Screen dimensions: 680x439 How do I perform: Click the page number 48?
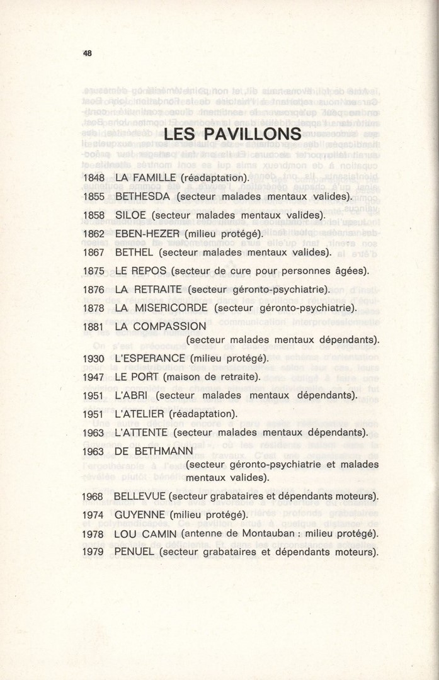point(87,54)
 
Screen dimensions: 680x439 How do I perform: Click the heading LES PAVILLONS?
point(232,135)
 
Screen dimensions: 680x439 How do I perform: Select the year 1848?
point(93,178)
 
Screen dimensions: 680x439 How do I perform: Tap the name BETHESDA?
point(143,196)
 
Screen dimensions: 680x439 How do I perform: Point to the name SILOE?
point(130,215)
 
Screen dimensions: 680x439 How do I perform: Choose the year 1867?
point(93,252)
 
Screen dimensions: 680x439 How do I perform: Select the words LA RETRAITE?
point(149,290)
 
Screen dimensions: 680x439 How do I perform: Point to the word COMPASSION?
point(169,327)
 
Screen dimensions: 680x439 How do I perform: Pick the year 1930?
point(93,358)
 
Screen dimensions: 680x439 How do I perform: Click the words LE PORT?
point(137,377)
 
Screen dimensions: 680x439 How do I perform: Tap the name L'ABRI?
point(131,396)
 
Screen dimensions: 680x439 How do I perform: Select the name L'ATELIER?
point(140,414)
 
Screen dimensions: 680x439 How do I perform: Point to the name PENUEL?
point(134,552)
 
